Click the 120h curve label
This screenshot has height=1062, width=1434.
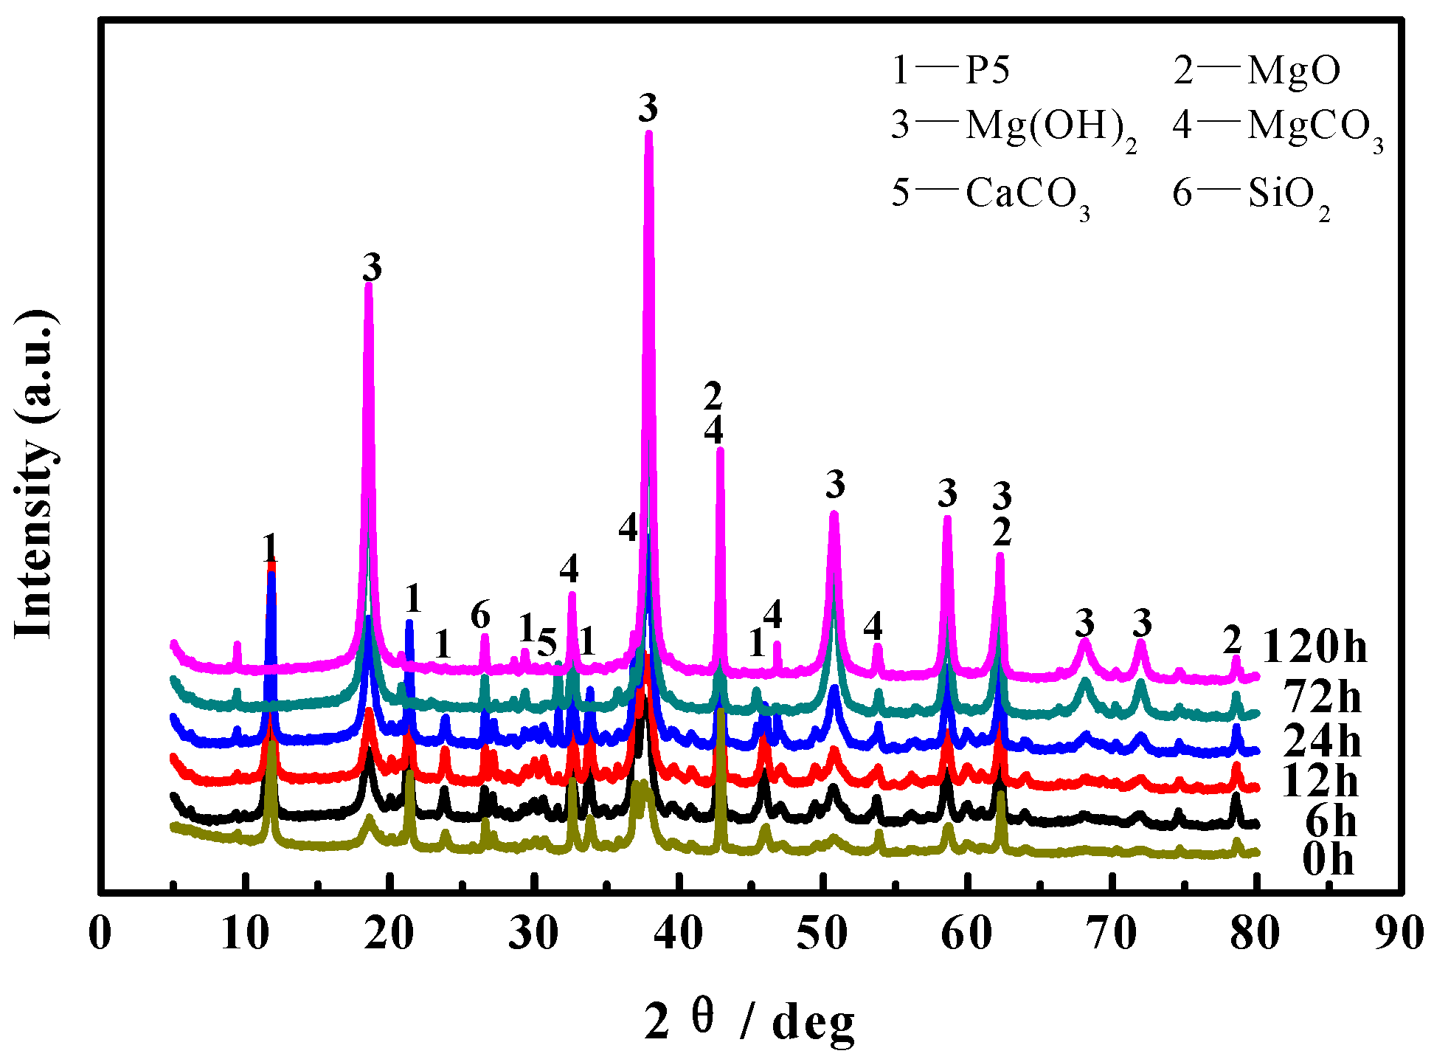[1315, 647]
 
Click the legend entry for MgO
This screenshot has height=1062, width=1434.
[1255, 71]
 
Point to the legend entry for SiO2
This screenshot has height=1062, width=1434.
[1251, 195]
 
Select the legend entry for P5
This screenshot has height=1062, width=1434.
[950, 71]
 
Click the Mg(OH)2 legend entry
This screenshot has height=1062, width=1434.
[1014, 127]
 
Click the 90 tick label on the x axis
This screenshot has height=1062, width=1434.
[1399, 934]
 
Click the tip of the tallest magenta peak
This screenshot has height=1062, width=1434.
[648, 134]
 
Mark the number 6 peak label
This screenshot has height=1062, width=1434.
[480, 614]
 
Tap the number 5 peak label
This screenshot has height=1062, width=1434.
[547, 644]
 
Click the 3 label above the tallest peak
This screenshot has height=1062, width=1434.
[648, 108]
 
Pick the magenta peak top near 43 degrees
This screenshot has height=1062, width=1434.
[720, 449]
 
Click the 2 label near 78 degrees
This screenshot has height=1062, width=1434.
[1232, 640]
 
